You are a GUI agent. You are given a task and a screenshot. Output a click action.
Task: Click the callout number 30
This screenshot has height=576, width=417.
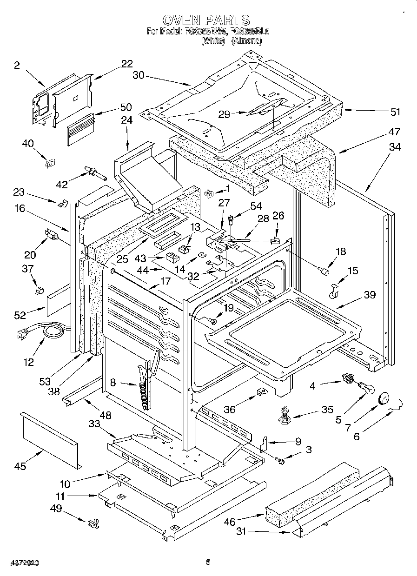coord(139,75)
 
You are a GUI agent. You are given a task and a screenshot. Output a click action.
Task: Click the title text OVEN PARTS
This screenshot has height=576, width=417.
coord(206,20)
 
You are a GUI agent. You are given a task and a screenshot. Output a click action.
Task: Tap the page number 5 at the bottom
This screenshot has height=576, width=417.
coord(208,563)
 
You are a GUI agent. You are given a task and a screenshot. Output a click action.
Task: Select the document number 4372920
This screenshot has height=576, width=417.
coord(23,563)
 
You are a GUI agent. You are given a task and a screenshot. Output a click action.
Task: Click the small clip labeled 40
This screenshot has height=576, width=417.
coord(49,162)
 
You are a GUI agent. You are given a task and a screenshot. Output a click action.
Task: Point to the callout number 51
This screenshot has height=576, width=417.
coord(395,112)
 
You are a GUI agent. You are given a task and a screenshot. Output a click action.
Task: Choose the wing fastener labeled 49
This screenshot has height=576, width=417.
coord(93,523)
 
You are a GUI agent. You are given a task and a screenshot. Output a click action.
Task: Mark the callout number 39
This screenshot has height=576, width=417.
coord(370,295)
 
